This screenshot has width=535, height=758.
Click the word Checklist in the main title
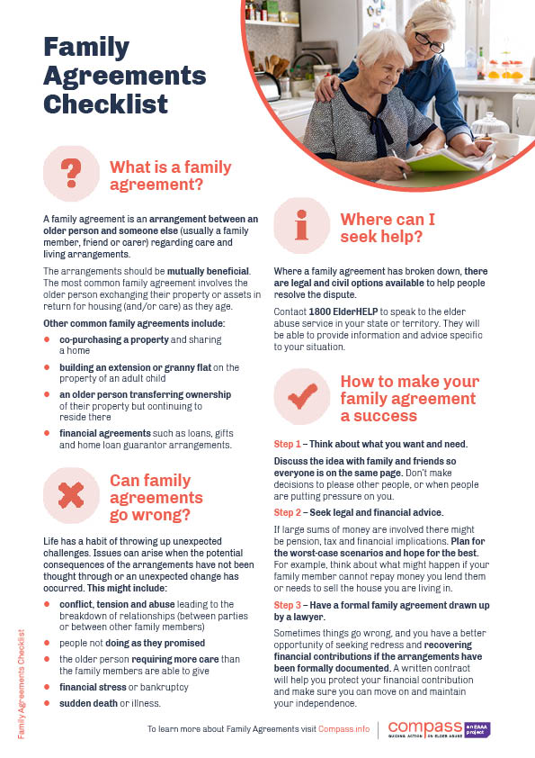point(106,104)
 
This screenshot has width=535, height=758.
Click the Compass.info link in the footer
point(343,728)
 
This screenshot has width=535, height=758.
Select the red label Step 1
point(288,445)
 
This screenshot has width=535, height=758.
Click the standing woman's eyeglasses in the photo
point(430,42)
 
